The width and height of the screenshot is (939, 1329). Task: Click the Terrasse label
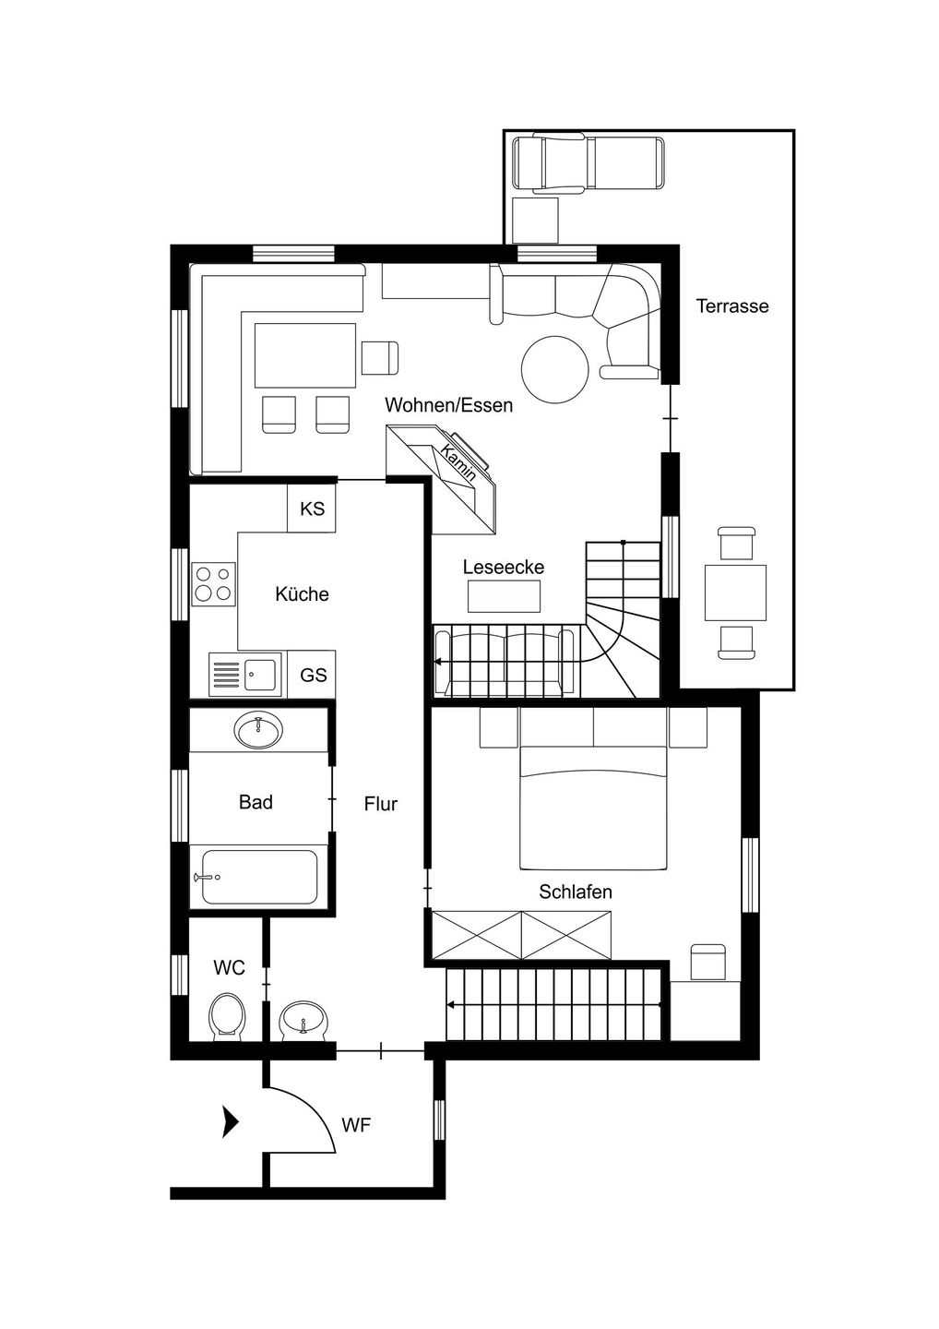732,306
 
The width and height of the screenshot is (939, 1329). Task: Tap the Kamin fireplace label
459,463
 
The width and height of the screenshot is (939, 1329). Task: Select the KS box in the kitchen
312,509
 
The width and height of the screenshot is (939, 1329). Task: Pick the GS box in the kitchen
313,675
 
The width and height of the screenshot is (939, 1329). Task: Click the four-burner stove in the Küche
213,584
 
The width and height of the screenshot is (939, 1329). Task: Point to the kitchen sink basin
259,675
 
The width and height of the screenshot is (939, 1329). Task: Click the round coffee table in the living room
555,369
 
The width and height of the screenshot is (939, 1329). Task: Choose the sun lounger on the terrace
588,163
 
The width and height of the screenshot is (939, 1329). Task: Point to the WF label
356,1125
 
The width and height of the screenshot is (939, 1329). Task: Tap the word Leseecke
504,568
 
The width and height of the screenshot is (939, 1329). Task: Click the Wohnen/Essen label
449,405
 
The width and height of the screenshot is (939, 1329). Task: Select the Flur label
381,804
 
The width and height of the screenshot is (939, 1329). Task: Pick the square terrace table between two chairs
735,593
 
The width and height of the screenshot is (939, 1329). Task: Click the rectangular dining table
305,354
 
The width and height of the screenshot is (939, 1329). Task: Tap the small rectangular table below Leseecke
504,596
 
